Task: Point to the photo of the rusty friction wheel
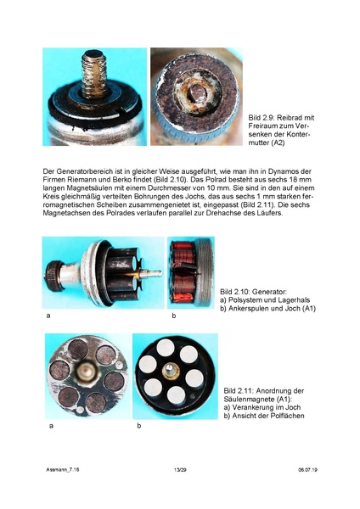(197, 97)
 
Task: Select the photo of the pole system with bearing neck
(101, 272)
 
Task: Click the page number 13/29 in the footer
(179, 468)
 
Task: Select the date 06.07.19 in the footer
(307, 468)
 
